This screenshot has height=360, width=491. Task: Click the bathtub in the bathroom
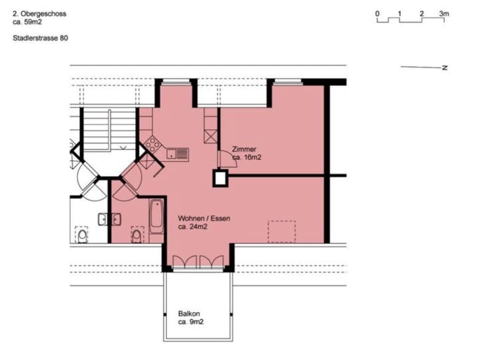tap(157, 216)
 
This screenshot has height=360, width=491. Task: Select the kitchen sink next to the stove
tap(177, 154)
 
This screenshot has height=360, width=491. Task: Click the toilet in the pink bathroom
tap(136, 236)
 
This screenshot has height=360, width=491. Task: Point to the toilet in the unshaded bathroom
tap(82, 236)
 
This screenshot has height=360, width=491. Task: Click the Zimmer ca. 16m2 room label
tap(247, 153)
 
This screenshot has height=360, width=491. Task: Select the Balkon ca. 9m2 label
tap(191, 318)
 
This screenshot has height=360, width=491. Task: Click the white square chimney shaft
tap(220, 178)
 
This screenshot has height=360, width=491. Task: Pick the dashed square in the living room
tap(282, 232)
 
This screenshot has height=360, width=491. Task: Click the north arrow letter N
tap(444, 67)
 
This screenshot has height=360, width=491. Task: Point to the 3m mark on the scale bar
tap(444, 13)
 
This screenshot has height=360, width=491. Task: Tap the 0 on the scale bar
tap(377, 13)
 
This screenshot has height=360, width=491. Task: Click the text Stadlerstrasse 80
tap(41, 38)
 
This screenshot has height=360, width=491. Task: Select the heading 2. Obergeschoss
tap(39, 13)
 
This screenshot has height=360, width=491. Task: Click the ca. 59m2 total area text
tap(27, 22)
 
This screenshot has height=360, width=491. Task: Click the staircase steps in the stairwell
tap(109, 129)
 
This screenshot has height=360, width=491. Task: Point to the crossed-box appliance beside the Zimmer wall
tap(211, 137)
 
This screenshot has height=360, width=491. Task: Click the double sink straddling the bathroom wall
tap(110, 220)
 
